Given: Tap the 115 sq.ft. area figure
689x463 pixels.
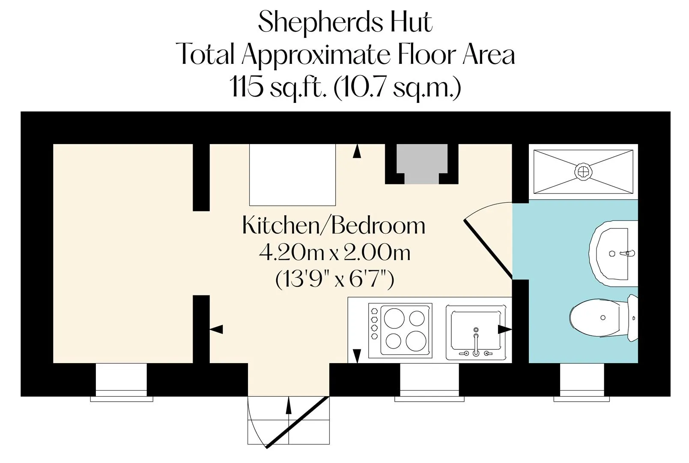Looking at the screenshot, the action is pos(278,87).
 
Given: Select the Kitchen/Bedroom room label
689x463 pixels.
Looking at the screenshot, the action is pos(334,225).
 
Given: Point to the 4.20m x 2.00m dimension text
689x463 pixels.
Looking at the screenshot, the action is pos(335,253).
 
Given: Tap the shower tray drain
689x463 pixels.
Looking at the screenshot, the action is pos(583,172).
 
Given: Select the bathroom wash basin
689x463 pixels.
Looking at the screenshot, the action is pos(613,254).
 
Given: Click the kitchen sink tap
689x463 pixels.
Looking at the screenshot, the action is pos(476,342).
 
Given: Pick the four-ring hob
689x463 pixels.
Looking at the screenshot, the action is pos(400,331).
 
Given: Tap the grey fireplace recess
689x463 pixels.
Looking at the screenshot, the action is pos(422,164).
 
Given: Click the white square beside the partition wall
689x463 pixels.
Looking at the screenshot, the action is pos(292,175).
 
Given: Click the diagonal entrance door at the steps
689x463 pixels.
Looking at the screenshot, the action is pos(298,422).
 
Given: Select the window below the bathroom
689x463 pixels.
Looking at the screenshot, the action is pos(582,382).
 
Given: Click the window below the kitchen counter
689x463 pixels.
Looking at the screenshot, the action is pos(430,382).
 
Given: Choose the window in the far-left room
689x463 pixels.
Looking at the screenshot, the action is pos(122,382).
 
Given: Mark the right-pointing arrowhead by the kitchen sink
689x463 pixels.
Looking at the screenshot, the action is pos(505,329).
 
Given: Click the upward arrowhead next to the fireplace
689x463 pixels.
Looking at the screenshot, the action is pos(357,151).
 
